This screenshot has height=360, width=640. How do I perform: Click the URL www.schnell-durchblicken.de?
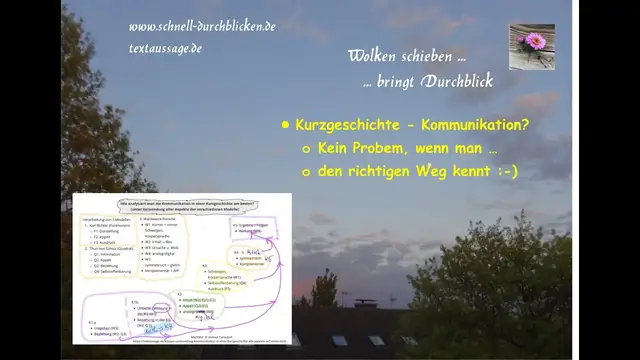(202, 25)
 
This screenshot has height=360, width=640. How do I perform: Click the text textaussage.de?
(165, 46)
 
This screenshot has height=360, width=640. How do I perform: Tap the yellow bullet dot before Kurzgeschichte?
(285, 126)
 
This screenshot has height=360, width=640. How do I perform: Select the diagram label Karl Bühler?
(112, 226)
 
